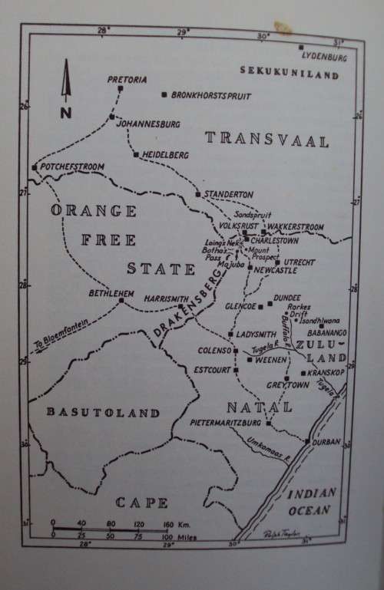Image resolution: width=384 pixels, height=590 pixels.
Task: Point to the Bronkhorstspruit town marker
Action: pos(164,94)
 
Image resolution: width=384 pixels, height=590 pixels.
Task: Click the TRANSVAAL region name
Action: pos(266,140)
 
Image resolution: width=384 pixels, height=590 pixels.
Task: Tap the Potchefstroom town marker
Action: pos(35,166)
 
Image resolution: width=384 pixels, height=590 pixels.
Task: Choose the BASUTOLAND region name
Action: pos(104,413)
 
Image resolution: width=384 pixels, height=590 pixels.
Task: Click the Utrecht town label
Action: pos(299,262)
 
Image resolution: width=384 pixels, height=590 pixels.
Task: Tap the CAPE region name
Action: pos(141,503)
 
